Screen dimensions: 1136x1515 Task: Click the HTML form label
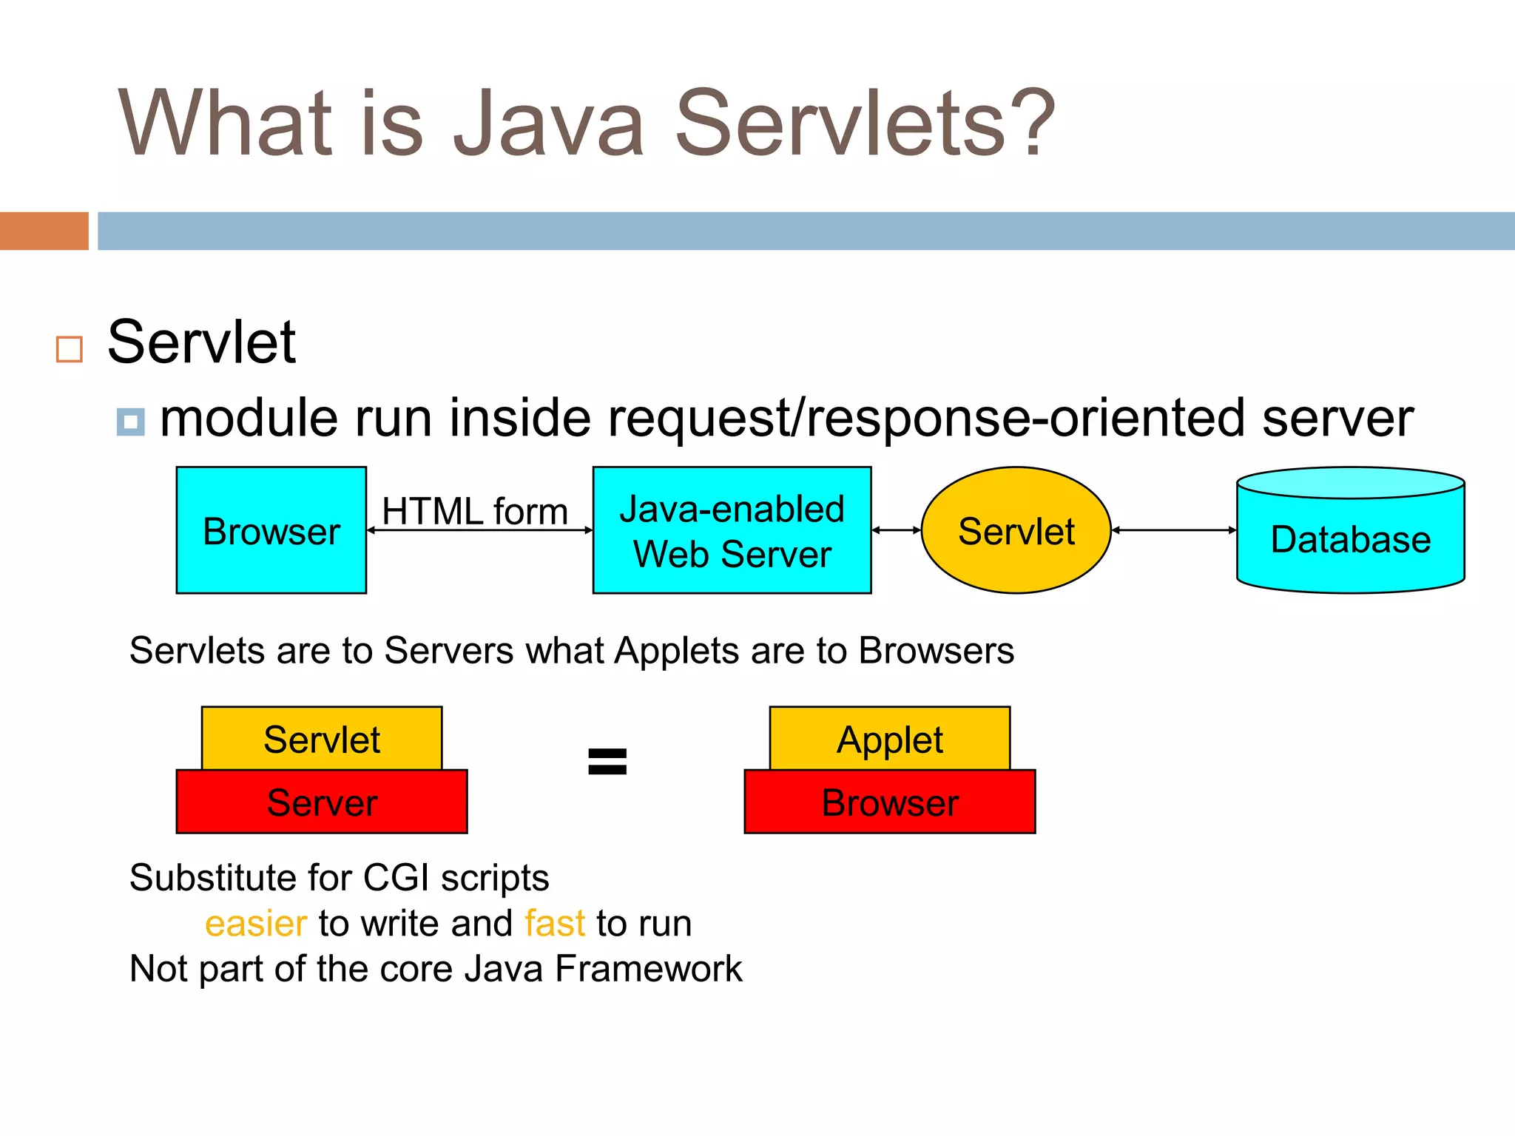pyautogui.click(x=474, y=511)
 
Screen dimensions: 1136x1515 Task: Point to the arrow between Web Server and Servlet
pyautogui.click(x=896, y=530)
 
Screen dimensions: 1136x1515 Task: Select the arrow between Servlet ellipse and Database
pyautogui.click(x=1173, y=530)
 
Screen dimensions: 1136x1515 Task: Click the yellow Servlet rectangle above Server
pyautogui.click(x=322, y=739)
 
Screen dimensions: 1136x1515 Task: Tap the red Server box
pyautogui.click(x=322, y=802)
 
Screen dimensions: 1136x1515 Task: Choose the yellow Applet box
pyautogui.click(x=890, y=739)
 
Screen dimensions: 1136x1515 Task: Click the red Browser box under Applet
pyautogui.click(x=890, y=802)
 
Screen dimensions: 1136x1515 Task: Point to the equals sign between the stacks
pyautogui.click(x=607, y=762)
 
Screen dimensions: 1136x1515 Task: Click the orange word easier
pyautogui.click(x=255, y=924)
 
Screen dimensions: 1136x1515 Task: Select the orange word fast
pyautogui.click(x=555, y=924)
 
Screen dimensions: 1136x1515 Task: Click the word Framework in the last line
pyautogui.click(x=648, y=969)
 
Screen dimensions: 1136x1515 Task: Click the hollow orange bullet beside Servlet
pyautogui.click(x=70, y=349)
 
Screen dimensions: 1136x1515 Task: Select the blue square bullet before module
pyautogui.click(x=131, y=422)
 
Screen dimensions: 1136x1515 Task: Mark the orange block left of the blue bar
pyautogui.click(x=44, y=231)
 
